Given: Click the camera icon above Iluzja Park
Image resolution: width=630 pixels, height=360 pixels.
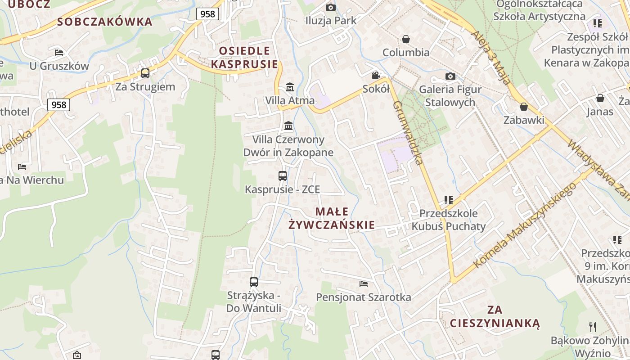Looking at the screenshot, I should click(x=330, y=7).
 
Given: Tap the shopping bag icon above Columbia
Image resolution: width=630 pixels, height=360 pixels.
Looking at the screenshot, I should click(x=406, y=39).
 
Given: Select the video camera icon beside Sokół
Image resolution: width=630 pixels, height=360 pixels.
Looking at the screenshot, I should click(x=376, y=76).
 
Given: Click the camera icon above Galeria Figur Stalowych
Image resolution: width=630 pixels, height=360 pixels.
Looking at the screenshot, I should click(x=450, y=76).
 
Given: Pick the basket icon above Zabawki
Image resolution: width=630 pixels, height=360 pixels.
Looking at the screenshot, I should click(x=523, y=107).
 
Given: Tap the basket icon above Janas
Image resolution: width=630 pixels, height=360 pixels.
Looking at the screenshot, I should click(x=600, y=98).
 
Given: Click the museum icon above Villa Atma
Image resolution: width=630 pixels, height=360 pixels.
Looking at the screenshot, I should click(x=289, y=87).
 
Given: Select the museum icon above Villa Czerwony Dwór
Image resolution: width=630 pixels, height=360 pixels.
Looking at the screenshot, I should click(x=288, y=126).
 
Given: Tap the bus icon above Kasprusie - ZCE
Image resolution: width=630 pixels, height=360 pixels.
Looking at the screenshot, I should click(x=283, y=176).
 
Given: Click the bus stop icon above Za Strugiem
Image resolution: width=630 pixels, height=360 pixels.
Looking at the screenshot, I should click(x=145, y=73).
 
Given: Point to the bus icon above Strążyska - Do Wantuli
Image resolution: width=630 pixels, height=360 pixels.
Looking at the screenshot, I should click(x=254, y=282).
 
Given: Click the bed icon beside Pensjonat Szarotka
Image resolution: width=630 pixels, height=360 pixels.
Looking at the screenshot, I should click(x=364, y=284).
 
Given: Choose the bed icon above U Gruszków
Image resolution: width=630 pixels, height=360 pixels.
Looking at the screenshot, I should click(x=59, y=52).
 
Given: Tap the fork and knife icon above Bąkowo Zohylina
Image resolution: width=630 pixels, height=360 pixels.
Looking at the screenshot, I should click(x=593, y=327).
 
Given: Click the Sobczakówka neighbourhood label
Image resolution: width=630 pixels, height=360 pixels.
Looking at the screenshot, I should click(x=105, y=22).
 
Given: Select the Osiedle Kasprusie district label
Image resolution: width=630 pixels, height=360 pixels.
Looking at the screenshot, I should click(x=244, y=57).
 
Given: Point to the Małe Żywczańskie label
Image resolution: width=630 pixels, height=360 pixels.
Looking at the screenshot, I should click(x=332, y=218).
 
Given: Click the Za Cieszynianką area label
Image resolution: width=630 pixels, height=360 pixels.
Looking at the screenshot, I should click(x=495, y=316).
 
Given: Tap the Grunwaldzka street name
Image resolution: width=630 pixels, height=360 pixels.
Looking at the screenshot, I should click(x=409, y=133).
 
